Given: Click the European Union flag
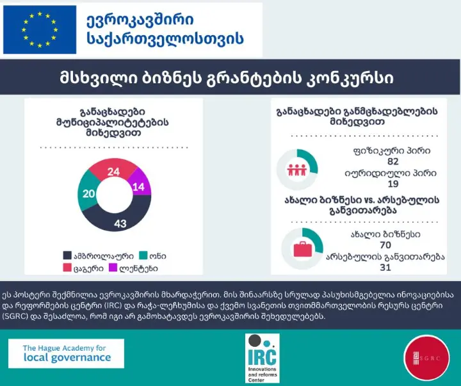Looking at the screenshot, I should pyautogui.click(x=40, y=29).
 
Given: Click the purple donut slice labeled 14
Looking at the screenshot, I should pyautogui.click(x=138, y=186).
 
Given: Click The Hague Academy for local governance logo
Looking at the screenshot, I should pyautogui.click(x=66, y=353).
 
